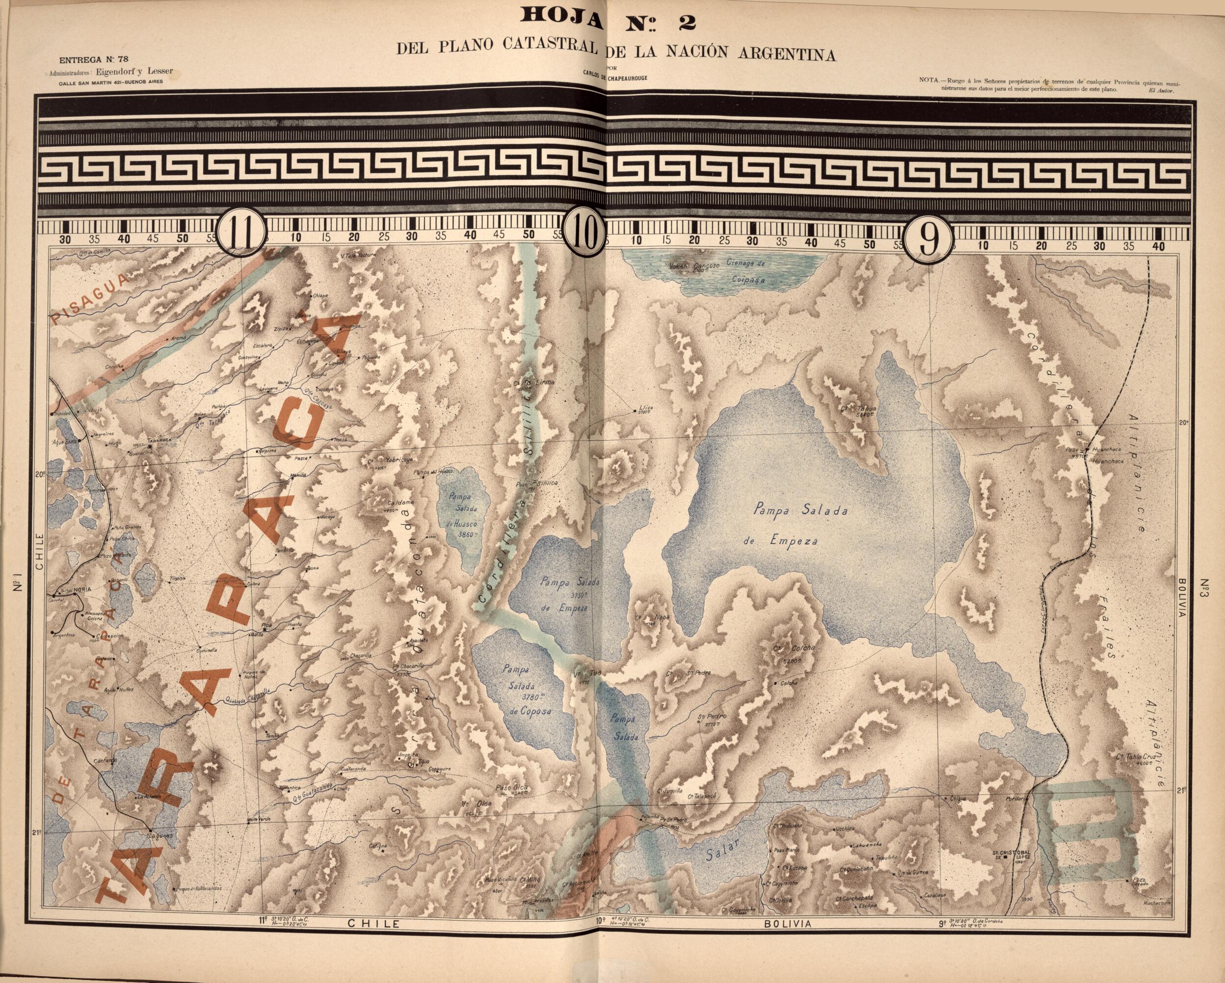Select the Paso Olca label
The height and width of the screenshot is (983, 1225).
click(x=512, y=788)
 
